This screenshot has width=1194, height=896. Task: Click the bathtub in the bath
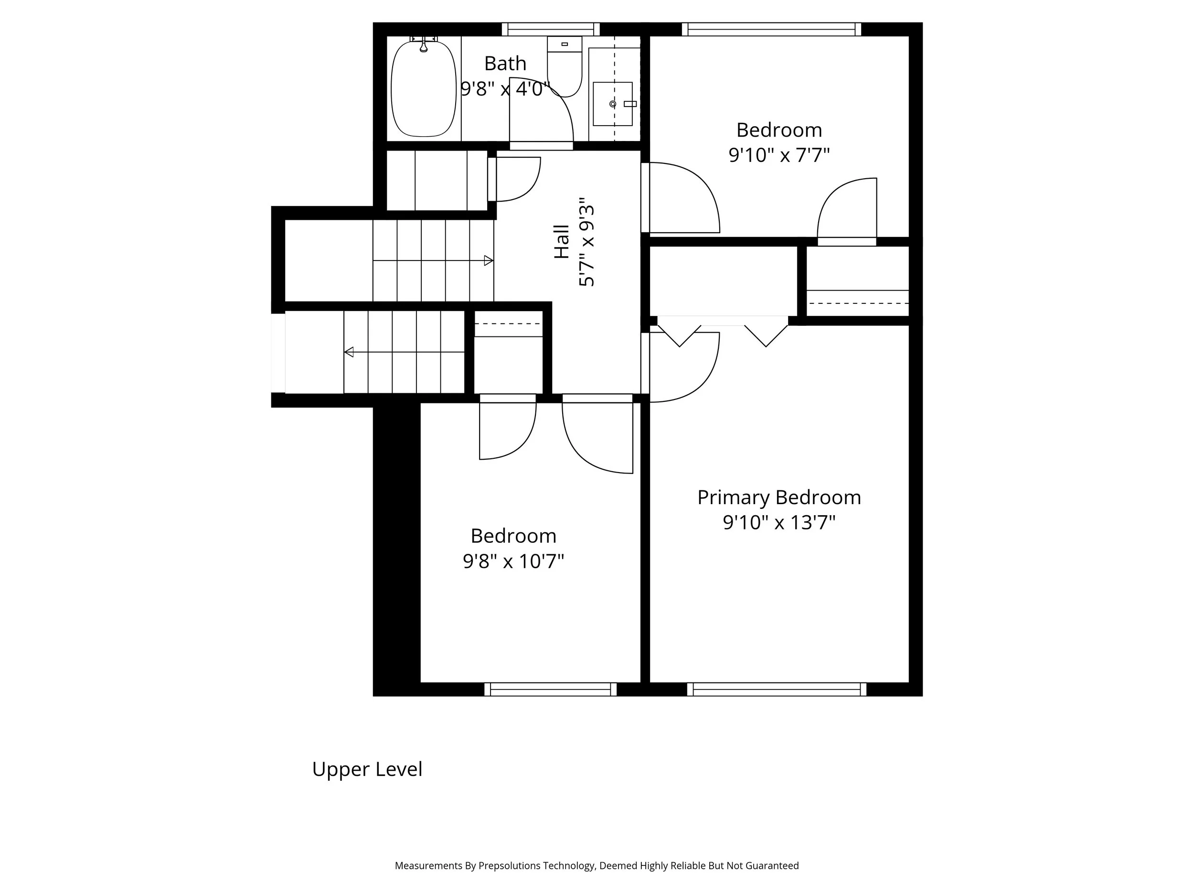pos(423,89)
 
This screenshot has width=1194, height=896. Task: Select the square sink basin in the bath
pos(612,104)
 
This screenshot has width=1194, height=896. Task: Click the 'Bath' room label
pos(505,64)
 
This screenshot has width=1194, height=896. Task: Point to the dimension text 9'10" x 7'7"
pos(779,155)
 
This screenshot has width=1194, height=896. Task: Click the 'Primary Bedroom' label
pos(779,497)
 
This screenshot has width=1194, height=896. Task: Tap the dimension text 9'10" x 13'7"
pos(779,523)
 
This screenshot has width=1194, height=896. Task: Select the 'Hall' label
pos(562,242)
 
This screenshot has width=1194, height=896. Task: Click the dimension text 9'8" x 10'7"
pos(513,561)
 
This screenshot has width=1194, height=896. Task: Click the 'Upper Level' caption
pos(367,769)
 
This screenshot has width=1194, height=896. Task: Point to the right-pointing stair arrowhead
pos(489,261)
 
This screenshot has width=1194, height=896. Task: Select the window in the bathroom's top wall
pos(551,29)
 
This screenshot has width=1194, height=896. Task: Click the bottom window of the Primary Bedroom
pos(776,689)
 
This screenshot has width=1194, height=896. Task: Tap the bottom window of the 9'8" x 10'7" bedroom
pos(550,689)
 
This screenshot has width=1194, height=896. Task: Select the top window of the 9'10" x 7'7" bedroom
pos(771,29)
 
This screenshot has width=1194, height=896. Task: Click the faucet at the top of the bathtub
pos(424,46)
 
